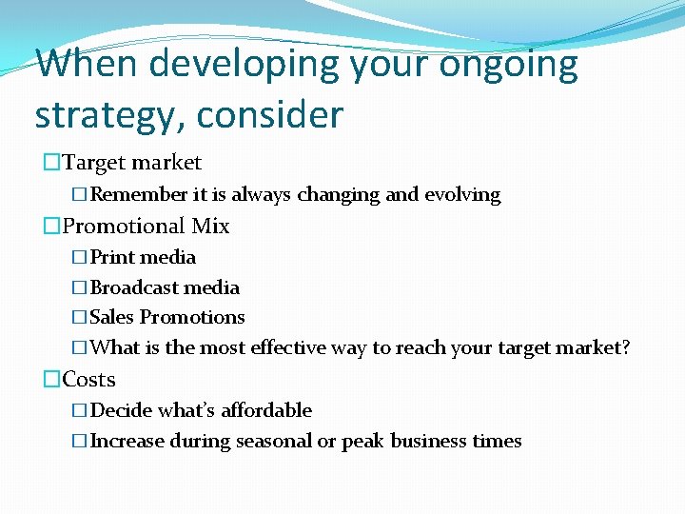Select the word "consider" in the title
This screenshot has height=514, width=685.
(x=271, y=115)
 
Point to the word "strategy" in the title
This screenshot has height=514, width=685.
(x=107, y=115)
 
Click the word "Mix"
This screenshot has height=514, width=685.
(x=210, y=227)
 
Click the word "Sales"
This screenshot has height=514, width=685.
(x=112, y=318)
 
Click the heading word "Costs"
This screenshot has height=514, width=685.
(x=88, y=380)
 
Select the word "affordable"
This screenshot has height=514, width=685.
(x=266, y=410)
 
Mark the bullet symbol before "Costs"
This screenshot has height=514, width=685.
(x=51, y=380)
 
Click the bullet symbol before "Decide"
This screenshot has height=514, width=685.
(x=81, y=410)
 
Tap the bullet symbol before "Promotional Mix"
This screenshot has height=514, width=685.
(x=51, y=227)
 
